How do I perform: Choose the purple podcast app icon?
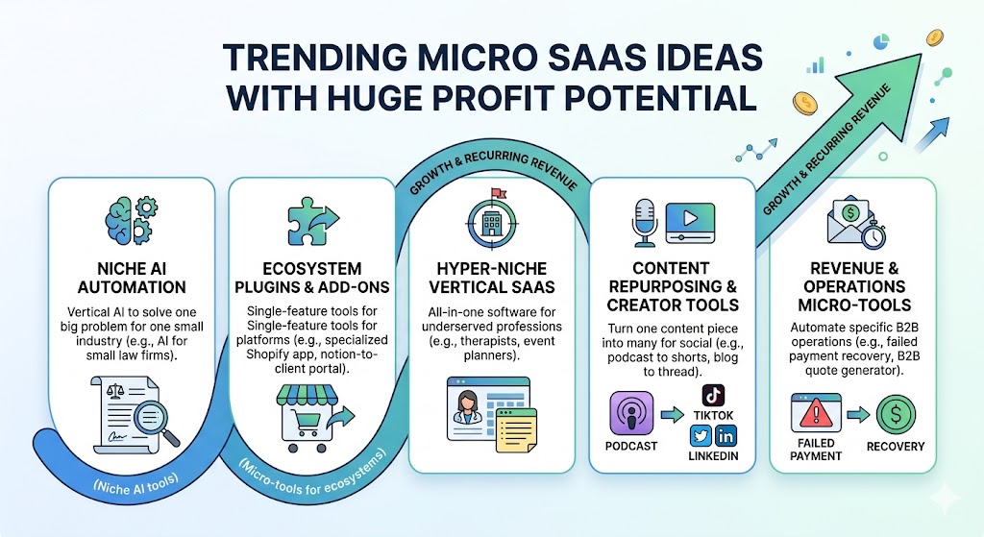tap(631, 413)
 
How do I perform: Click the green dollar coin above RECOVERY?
tap(895, 414)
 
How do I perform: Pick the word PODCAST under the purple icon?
tap(632, 447)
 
